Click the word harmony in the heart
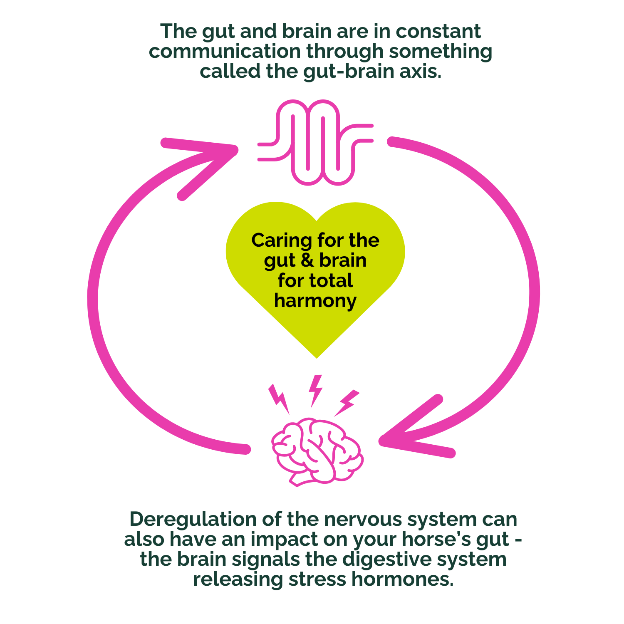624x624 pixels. pyautogui.click(x=315, y=300)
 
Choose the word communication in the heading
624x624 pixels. pyautogui.click(x=225, y=51)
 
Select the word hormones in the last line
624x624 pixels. pyautogui.click(x=402, y=579)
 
